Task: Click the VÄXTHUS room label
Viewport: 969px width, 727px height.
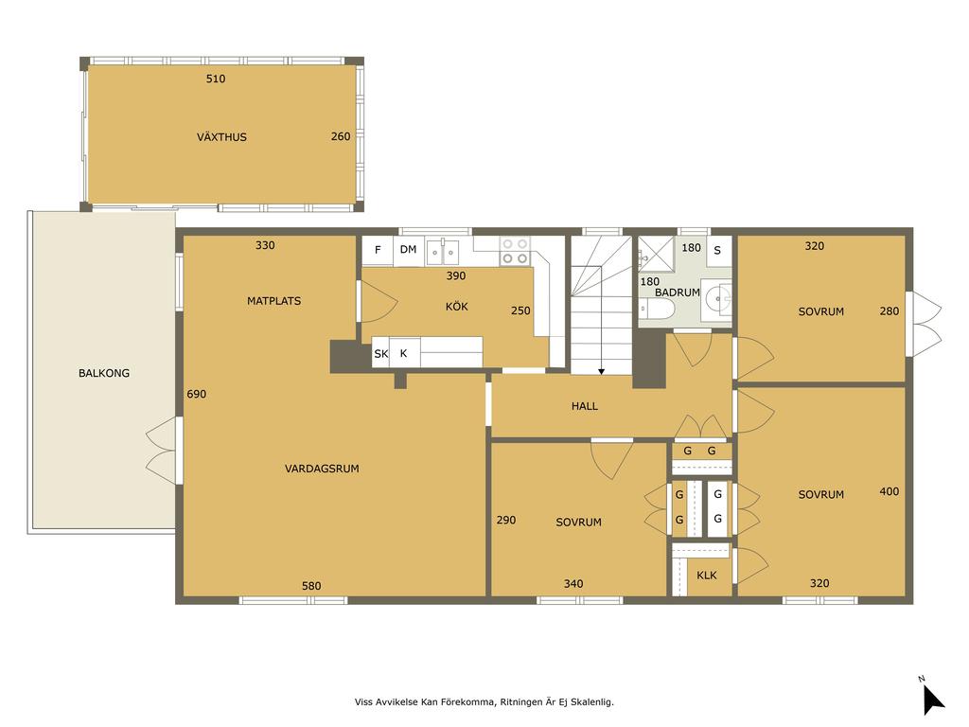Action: pyautogui.click(x=221, y=137)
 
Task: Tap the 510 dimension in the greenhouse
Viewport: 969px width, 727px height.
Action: pyautogui.click(x=216, y=79)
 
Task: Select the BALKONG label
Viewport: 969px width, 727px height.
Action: pyautogui.click(x=104, y=373)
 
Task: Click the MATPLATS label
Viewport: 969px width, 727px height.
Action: pyautogui.click(x=273, y=301)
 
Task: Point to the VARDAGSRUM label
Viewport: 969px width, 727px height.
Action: pyautogui.click(x=322, y=469)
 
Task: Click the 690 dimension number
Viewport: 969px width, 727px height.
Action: pyautogui.click(x=197, y=394)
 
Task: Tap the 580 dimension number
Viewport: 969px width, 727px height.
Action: pyautogui.click(x=311, y=585)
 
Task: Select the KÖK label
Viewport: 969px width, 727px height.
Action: pyautogui.click(x=457, y=307)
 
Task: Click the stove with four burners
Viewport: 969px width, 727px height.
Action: pyautogui.click(x=514, y=251)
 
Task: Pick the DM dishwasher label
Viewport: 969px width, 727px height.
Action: pyautogui.click(x=408, y=249)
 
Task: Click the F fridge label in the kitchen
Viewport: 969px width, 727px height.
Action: pyautogui.click(x=378, y=250)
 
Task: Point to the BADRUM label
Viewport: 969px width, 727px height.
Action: pyautogui.click(x=678, y=293)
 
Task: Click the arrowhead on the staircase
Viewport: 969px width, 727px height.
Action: pyautogui.click(x=601, y=371)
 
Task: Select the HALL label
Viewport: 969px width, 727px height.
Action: pyautogui.click(x=584, y=406)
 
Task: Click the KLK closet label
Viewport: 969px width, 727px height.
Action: pyautogui.click(x=706, y=576)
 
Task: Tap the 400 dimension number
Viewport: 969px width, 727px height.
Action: pyautogui.click(x=890, y=491)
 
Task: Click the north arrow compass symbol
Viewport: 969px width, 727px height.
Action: pyautogui.click(x=932, y=700)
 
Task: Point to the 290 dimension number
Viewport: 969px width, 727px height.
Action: pyautogui.click(x=506, y=520)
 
